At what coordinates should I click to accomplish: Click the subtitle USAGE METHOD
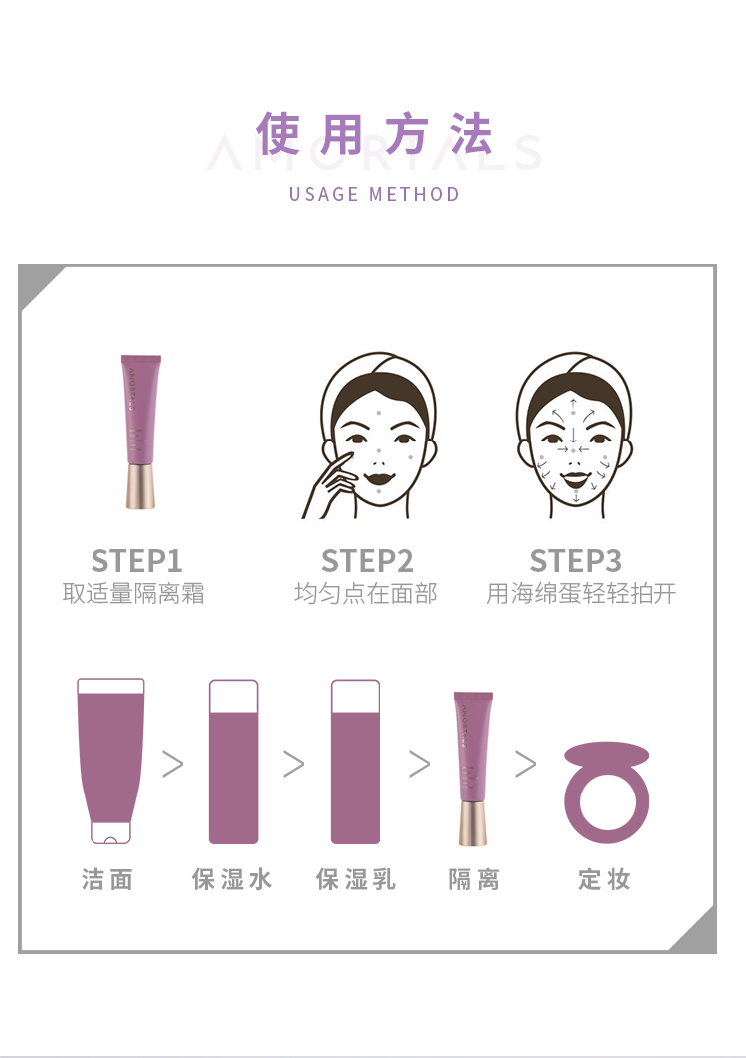374,194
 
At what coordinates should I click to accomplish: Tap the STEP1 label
137,561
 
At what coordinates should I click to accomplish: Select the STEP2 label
367,561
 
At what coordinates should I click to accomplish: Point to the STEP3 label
576,561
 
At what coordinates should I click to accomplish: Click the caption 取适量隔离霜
133,593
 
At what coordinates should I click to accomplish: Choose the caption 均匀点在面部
366,593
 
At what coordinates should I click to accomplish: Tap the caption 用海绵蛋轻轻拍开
581,593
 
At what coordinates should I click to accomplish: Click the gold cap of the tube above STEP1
140,486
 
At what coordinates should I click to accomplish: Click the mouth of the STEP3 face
575,479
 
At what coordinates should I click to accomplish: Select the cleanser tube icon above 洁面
110,761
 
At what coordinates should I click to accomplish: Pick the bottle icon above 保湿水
234,762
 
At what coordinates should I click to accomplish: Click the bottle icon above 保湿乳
356,762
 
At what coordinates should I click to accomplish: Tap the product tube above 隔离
472,769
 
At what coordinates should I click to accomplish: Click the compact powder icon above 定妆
607,793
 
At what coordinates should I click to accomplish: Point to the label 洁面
107,880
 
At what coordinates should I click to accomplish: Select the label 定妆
604,880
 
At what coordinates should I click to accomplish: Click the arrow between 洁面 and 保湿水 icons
173,764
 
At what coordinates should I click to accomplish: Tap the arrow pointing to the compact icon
526,764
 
